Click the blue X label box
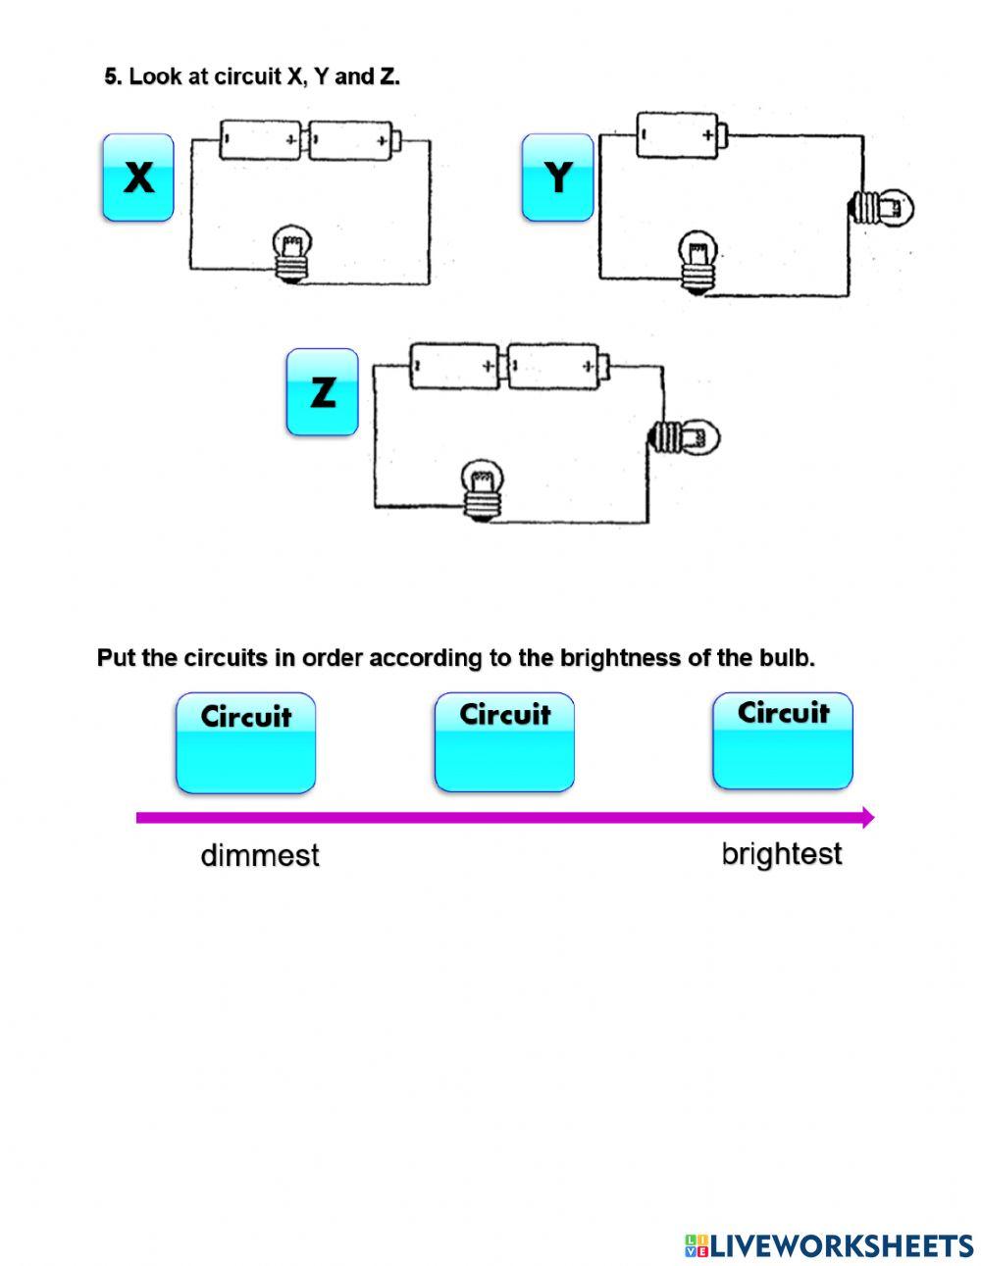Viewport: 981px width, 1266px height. tap(138, 177)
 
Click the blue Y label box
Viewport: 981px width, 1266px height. tap(557, 177)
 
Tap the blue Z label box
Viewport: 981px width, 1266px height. tap(322, 392)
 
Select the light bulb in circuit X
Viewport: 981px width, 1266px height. tap(291, 254)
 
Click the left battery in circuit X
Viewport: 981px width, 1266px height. tap(262, 140)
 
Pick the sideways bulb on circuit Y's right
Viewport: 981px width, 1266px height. tap(880, 207)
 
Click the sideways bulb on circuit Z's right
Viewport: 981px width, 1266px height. tap(686, 435)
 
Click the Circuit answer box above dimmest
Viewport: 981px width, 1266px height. tap(245, 743)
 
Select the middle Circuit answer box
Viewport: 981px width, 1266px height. tap(504, 742)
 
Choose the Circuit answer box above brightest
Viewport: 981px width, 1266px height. tap(782, 740)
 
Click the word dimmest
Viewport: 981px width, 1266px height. tap(260, 855)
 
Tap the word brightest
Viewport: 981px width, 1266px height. tap(782, 854)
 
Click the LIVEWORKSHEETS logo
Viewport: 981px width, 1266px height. tap(829, 1245)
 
